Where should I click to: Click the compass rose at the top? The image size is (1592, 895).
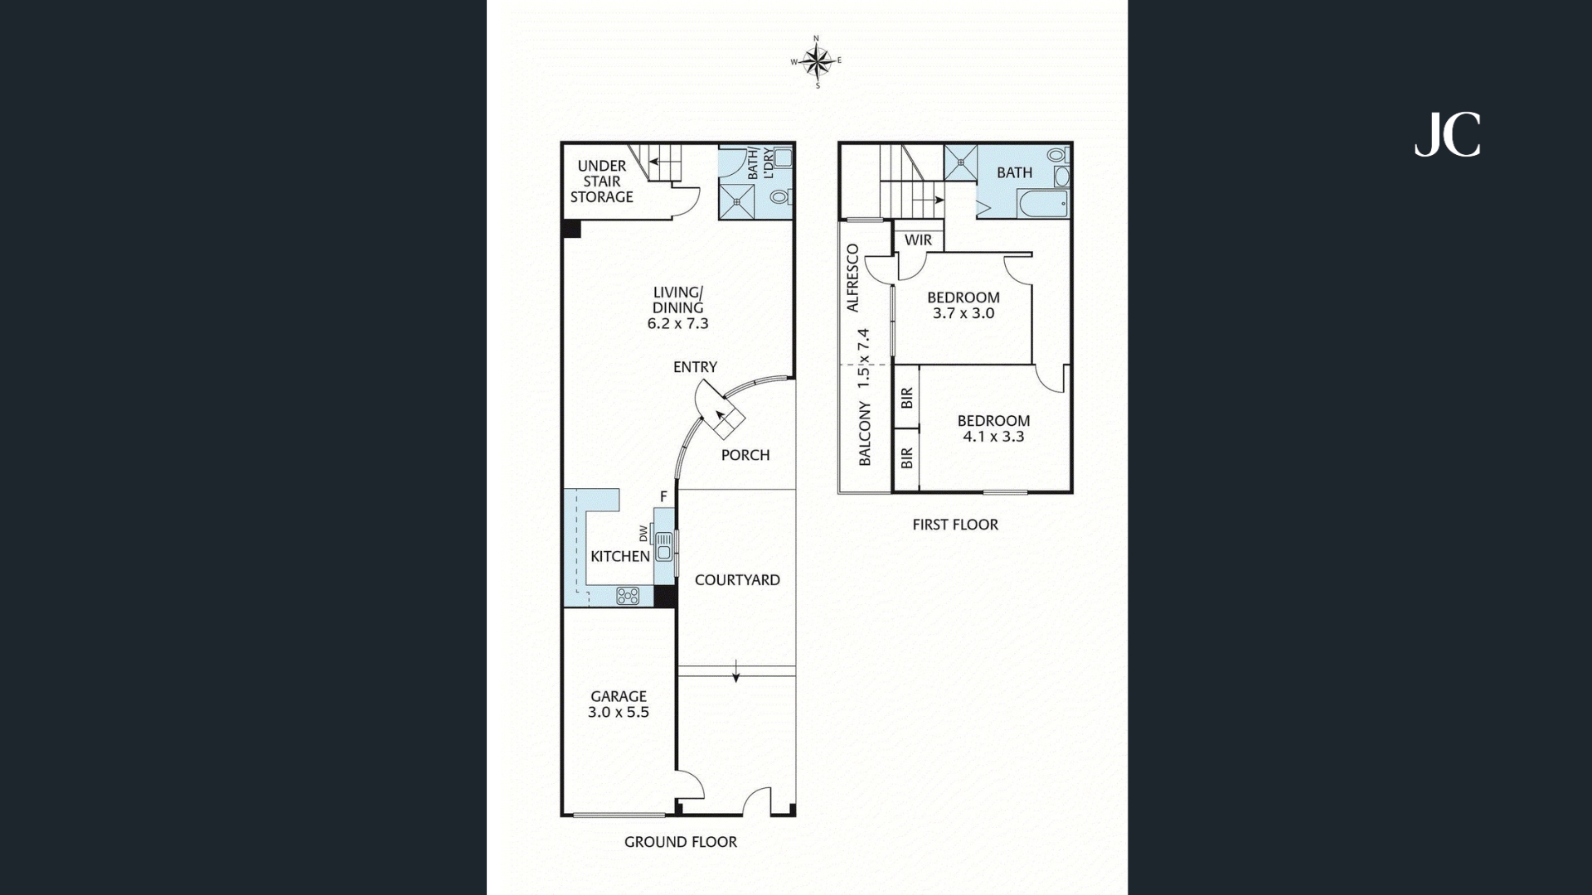click(x=817, y=61)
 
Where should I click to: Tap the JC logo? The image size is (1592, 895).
click(x=1447, y=135)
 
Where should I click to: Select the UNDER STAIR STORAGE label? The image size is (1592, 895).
click(x=602, y=181)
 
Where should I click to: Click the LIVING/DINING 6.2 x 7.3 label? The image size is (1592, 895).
click(x=678, y=307)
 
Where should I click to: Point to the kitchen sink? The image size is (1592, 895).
click(x=664, y=548)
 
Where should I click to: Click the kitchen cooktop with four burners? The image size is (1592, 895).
click(x=628, y=595)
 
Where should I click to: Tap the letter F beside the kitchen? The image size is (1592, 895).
click(x=663, y=496)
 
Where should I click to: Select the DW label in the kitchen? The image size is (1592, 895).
click(x=643, y=531)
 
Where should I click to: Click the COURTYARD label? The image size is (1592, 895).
click(x=737, y=580)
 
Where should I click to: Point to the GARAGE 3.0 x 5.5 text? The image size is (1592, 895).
click(x=619, y=704)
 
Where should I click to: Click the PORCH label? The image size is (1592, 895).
click(x=745, y=455)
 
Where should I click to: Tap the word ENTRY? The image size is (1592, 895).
click(x=695, y=367)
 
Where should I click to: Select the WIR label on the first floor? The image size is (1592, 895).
click(x=918, y=240)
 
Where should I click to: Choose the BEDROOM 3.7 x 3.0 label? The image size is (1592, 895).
click(x=963, y=305)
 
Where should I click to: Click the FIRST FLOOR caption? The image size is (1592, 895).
click(x=955, y=525)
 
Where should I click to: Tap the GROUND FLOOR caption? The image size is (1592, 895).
click(x=680, y=842)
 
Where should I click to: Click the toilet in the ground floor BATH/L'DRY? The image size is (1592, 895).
click(x=780, y=197)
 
